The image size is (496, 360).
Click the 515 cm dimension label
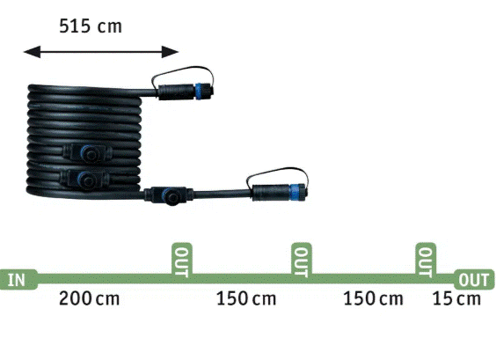(91, 26)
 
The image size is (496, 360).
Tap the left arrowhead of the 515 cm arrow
(32, 52)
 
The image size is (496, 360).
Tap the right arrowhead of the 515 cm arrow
(171, 52)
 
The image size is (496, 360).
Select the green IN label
(17, 280)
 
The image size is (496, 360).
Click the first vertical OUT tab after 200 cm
(182, 261)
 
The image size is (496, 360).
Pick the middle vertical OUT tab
(302, 261)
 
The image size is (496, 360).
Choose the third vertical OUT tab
(426, 261)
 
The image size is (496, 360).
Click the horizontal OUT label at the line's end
(473, 280)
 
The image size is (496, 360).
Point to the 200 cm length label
(89, 299)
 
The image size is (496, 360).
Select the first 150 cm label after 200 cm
(246, 299)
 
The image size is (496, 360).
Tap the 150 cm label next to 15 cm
(373, 299)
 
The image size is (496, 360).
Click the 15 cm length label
(456, 299)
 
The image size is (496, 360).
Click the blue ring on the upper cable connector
(199, 92)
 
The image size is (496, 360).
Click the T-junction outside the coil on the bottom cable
(168, 195)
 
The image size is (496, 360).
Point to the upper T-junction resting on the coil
(87, 152)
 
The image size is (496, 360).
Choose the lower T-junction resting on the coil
(84, 180)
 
